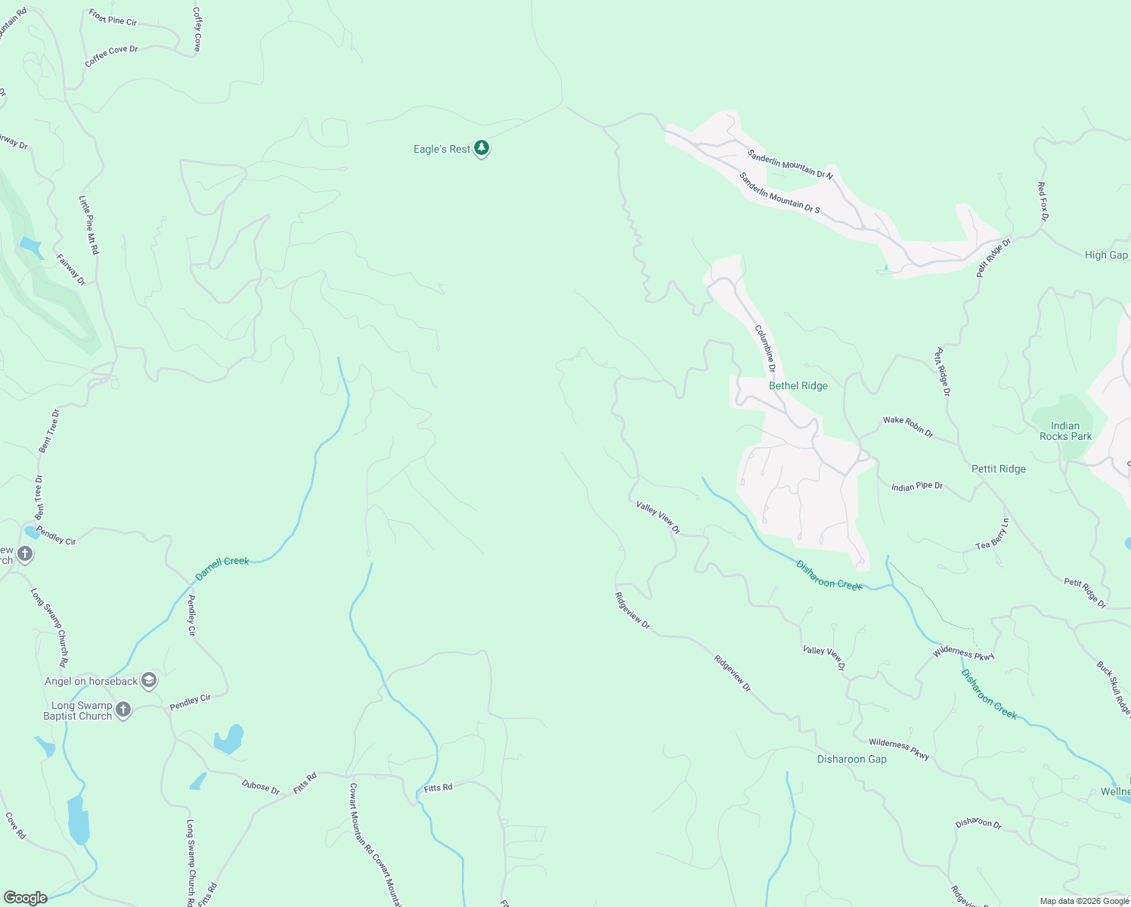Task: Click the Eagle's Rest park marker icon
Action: [482, 148]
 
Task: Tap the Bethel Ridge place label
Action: [798, 385]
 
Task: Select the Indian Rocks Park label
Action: [1065, 431]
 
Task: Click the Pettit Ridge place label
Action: [998, 469]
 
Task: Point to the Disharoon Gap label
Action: [851, 759]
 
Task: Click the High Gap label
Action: [1105, 255]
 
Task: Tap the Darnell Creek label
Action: [222, 568]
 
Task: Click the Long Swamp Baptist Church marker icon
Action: [123, 710]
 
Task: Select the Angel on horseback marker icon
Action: [149, 680]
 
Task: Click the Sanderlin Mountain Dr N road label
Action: [789, 164]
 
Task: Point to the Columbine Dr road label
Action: [766, 348]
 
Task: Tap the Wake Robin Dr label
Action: [908, 426]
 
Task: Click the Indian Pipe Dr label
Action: [916, 486]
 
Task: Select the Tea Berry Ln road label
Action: [992, 534]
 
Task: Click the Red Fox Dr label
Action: [1043, 201]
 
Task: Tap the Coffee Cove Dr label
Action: [111, 56]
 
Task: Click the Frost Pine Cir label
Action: [113, 17]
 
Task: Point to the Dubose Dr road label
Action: [261, 786]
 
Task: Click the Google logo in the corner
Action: [25, 897]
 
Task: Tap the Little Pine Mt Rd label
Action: [88, 224]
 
